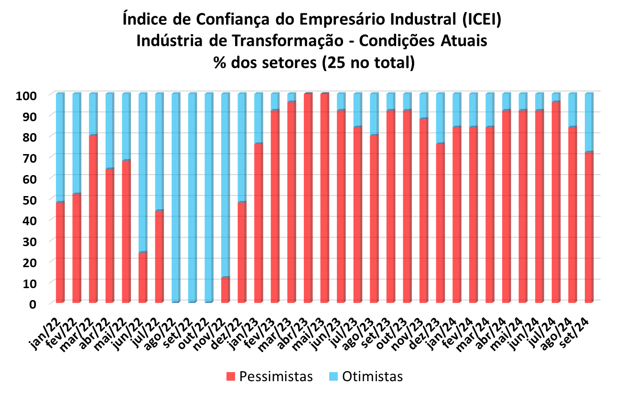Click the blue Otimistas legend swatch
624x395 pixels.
[334, 376]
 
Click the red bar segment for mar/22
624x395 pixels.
[93, 219]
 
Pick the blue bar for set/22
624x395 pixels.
[192, 198]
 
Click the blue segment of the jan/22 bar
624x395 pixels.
[60, 148]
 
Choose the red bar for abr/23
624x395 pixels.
[308, 198]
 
